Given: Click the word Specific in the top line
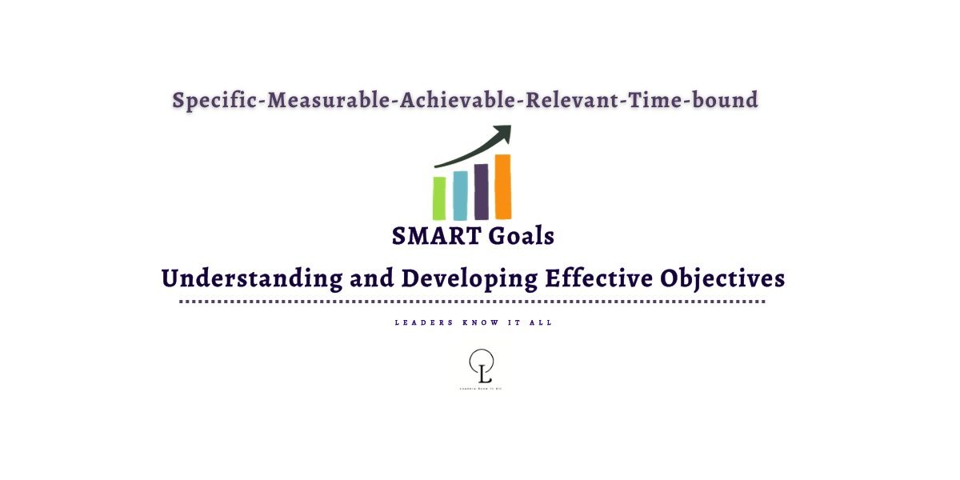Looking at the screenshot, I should coord(216,101).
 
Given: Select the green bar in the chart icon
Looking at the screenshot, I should coord(439,198).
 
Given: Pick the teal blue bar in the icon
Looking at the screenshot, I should coord(460,195).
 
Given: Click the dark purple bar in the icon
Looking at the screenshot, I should coord(481,192).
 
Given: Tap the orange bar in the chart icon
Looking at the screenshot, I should coord(502,186).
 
